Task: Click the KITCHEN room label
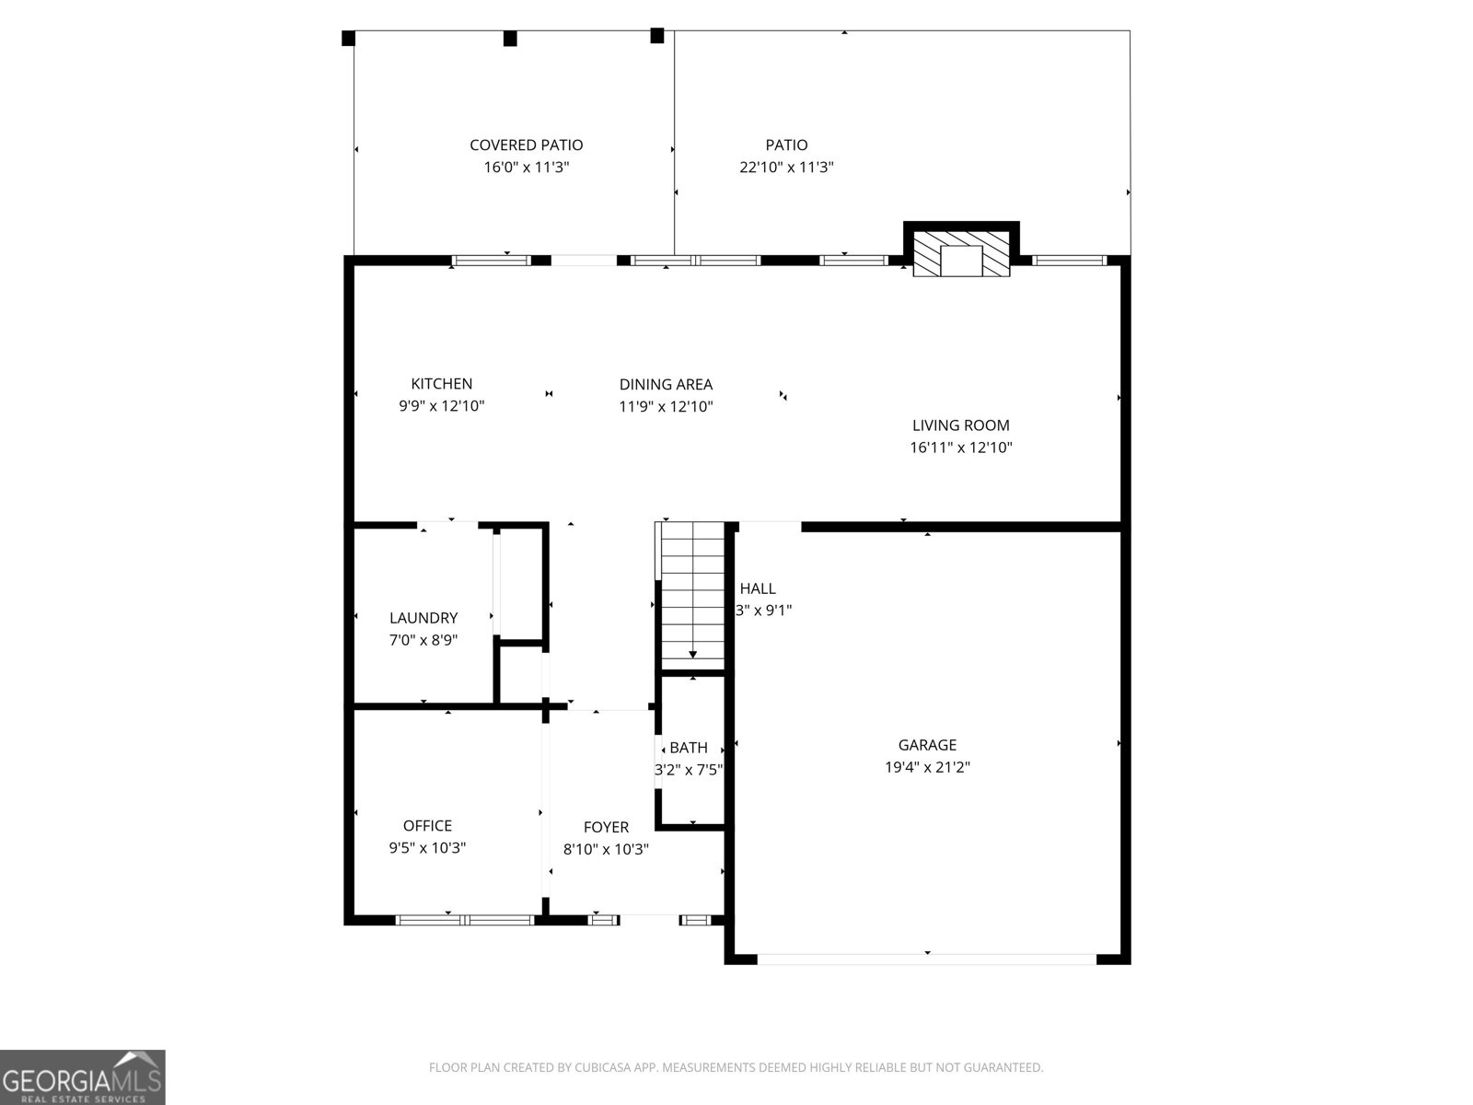tap(441, 384)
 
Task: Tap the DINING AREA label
tap(666, 385)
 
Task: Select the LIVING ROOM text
tap(960, 425)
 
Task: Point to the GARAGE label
tap(927, 745)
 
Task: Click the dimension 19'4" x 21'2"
tap(927, 767)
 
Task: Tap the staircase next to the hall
tap(692, 594)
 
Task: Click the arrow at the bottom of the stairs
tap(692, 653)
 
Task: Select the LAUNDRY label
tap(423, 618)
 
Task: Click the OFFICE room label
tap(427, 826)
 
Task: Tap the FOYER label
tap(606, 828)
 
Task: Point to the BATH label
tap(689, 748)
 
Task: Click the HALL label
tap(758, 588)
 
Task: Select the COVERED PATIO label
tap(526, 145)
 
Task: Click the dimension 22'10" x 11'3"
tap(786, 168)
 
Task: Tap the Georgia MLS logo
tap(82, 1077)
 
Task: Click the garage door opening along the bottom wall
tap(926, 959)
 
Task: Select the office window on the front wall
tap(465, 919)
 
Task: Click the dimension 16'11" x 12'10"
tap(960, 448)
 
